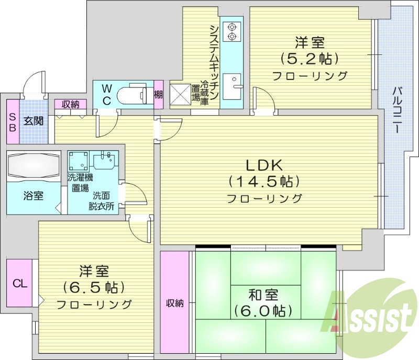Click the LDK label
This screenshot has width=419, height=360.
pos(265,165)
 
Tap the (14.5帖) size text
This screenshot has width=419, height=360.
pos(264,182)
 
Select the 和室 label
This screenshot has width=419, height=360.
pos(263,295)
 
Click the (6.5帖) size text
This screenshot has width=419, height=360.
pos(94,287)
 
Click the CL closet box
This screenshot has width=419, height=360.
pos(19,284)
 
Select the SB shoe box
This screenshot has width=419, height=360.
pos(12,121)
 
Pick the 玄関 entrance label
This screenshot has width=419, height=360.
pos(33,121)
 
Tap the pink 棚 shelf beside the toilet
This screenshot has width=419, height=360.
pos(158,95)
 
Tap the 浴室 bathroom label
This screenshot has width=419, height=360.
pos(33,196)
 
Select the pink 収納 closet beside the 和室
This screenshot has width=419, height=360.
pos(174,303)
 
